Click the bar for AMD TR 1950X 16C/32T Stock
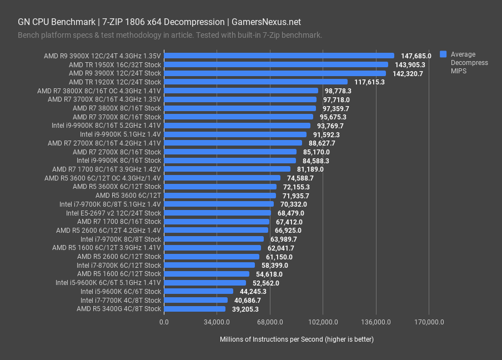coord(276,64)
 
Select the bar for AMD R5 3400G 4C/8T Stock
coord(195,309)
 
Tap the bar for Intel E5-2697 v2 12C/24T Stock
coord(218,213)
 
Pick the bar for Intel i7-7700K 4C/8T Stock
coord(196,300)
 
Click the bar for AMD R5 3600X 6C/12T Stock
coord(220,187)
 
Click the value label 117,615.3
coord(369,82)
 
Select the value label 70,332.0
coord(294,204)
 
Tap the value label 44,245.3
coord(253,292)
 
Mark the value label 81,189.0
coord(310,169)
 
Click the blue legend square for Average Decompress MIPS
coord(443,54)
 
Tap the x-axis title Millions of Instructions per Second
coord(297,339)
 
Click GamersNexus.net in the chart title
coord(265,22)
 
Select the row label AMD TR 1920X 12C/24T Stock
coord(115,82)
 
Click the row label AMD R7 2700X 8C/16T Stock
coord(117,152)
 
